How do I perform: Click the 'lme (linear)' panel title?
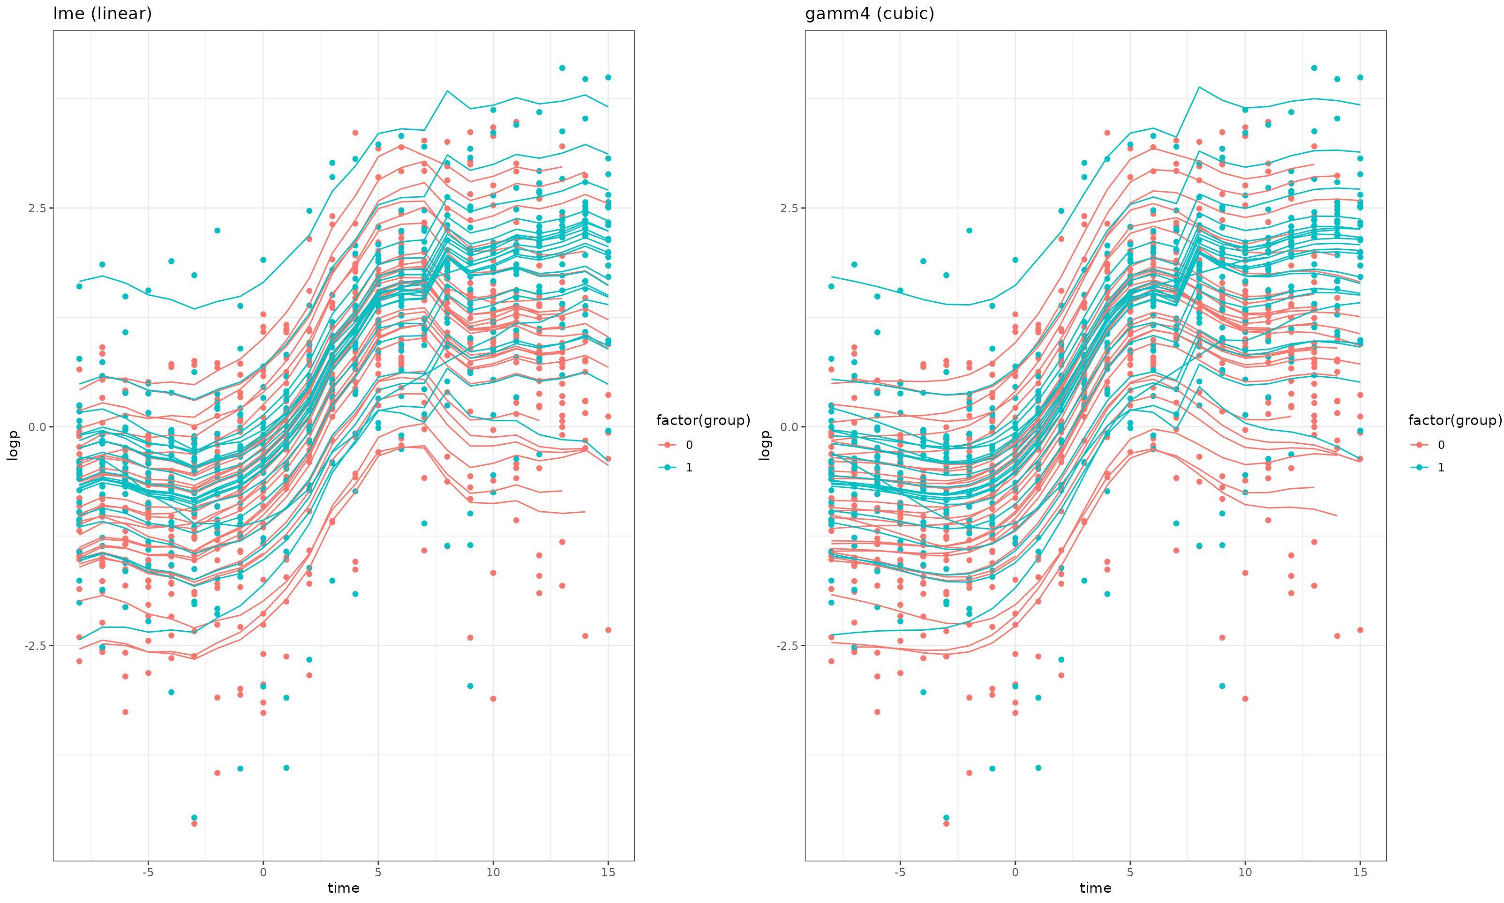(102, 14)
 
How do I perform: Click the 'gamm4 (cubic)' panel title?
(869, 14)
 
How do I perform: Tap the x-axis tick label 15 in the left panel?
(608, 872)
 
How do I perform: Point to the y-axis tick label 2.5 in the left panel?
(37, 208)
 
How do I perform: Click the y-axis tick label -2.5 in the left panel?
(35, 646)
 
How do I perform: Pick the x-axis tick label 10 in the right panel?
(1245, 872)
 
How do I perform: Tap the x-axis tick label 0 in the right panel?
(1015, 872)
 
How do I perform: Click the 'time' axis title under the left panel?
(343, 888)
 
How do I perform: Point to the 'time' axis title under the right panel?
(1095, 888)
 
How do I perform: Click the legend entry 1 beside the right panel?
(1441, 467)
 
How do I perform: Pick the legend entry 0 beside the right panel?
(1441, 445)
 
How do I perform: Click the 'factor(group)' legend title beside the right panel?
(1455, 420)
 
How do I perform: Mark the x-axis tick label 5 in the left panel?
(378, 872)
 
